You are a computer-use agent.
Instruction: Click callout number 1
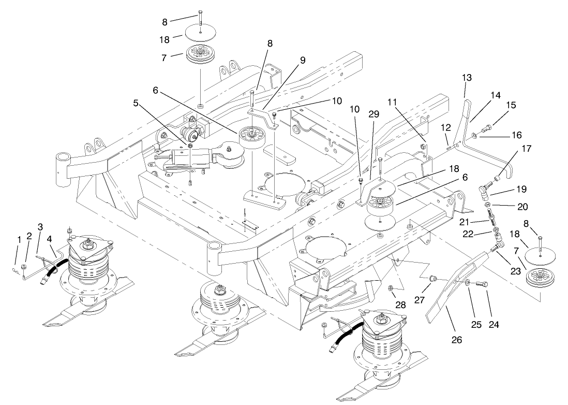pyautogui.click(x=20, y=240)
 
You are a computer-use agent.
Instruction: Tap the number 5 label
pyautogui.click(x=136, y=103)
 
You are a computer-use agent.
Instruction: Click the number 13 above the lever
pyautogui.click(x=467, y=78)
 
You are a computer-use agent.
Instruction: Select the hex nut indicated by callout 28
pyautogui.click(x=392, y=288)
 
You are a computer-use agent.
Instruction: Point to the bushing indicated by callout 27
pyautogui.click(x=432, y=280)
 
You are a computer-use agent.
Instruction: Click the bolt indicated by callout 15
pyautogui.click(x=488, y=127)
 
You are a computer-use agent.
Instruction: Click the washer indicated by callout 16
pyautogui.click(x=475, y=136)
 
